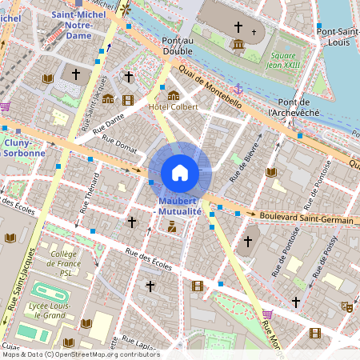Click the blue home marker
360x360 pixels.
click(180, 173)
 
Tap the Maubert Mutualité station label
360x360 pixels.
click(180, 206)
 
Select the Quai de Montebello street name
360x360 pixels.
click(210, 86)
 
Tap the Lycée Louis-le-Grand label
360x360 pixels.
click(46, 310)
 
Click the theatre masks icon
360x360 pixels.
click(347, 306)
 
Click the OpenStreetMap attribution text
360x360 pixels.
click(80, 354)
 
